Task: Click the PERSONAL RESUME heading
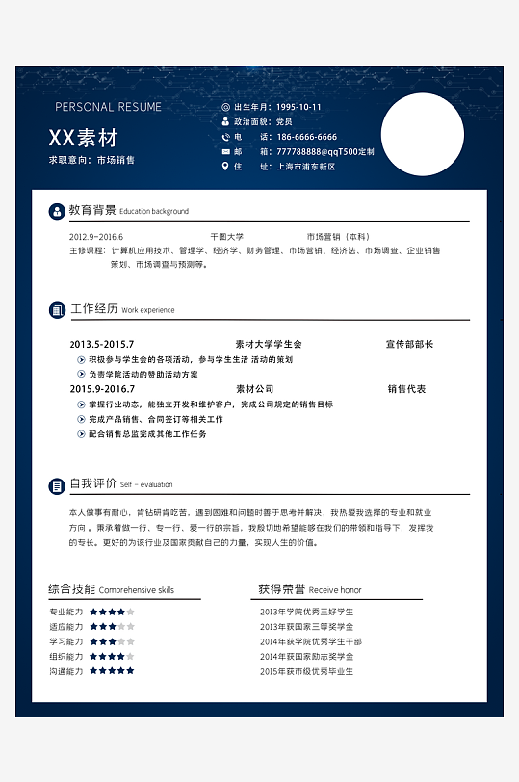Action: pyautogui.click(x=108, y=107)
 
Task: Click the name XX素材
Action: pyautogui.click(x=83, y=138)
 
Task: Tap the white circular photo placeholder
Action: pyautogui.click(x=422, y=134)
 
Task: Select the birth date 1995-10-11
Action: pyautogui.click(x=298, y=107)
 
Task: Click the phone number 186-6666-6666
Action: pyautogui.click(x=306, y=137)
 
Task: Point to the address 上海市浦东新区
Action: pyautogui.click(x=306, y=167)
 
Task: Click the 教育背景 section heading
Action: pyautogui.click(x=92, y=210)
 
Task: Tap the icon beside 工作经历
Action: pyautogui.click(x=57, y=309)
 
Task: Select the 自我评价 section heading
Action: pyautogui.click(x=93, y=483)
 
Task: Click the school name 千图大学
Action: pyautogui.click(x=227, y=236)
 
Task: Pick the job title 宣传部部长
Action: pyautogui.click(x=409, y=344)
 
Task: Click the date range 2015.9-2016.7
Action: pyautogui.click(x=102, y=389)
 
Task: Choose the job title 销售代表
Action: pyautogui.click(x=406, y=389)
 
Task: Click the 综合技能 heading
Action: pyautogui.click(x=71, y=589)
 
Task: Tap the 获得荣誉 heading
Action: pyautogui.click(x=281, y=589)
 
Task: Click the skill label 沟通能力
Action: pyautogui.click(x=66, y=671)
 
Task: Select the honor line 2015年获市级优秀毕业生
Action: pyautogui.click(x=306, y=671)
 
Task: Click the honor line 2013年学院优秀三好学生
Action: pyautogui.click(x=306, y=612)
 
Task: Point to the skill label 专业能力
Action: pyautogui.click(x=66, y=612)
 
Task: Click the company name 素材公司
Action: pyautogui.click(x=255, y=389)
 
